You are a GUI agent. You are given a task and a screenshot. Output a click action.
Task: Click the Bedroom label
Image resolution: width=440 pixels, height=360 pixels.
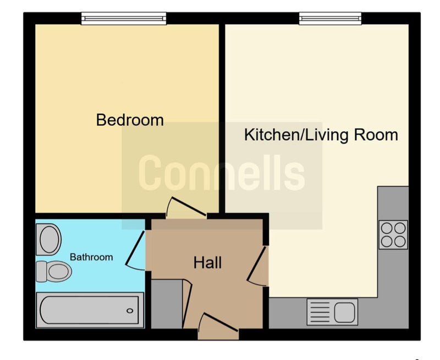tap(130, 120)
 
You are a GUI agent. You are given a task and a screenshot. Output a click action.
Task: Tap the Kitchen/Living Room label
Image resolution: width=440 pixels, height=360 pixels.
tap(321, 135)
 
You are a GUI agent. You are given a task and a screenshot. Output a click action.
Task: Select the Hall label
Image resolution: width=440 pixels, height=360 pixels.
tap(208, 263)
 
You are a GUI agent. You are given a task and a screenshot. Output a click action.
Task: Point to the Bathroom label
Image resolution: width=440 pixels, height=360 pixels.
tap(91, 257)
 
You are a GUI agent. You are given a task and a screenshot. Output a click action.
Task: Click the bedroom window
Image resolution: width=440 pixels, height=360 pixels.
tap(124, 19)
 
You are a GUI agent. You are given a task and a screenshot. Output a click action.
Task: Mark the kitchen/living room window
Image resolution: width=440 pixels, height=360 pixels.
tap(331, 19)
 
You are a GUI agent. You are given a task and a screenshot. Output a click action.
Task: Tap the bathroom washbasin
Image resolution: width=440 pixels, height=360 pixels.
tap(48, 240)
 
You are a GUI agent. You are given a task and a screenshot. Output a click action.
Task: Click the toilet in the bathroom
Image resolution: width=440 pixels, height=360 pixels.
tap(54, 271)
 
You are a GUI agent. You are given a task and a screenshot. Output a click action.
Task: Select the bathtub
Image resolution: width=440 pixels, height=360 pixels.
tap(90, 310)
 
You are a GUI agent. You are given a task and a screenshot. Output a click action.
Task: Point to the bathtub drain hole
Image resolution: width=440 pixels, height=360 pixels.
tap(130, 311)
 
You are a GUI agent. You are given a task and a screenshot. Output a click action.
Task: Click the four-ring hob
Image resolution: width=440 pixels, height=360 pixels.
tap(393, 235)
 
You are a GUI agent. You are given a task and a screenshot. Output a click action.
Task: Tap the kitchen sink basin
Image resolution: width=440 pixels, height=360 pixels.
tap(344, 312)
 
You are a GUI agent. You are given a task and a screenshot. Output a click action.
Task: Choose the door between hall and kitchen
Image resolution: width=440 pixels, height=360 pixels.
tap(256, 264)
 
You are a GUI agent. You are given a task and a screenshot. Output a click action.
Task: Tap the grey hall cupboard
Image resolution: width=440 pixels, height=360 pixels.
tap(167, 304)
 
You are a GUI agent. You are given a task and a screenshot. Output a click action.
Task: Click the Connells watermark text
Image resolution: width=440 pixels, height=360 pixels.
tap(222, 173)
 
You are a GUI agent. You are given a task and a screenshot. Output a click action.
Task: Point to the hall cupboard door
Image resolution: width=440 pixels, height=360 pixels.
tap(187, 304)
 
